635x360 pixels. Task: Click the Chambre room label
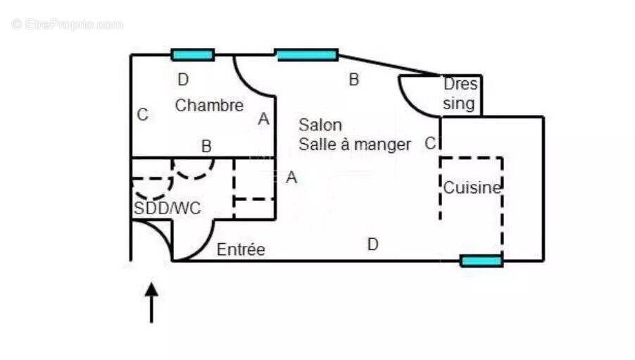[209, 106]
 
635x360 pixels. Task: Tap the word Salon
[320, 125]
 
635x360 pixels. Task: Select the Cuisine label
[472, 188]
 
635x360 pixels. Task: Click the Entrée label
[241, 249]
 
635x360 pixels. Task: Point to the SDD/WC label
[167, 209]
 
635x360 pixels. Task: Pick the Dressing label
[460, 94]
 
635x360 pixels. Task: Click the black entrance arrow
[151, 302]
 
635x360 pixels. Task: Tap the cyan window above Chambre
[193, 55]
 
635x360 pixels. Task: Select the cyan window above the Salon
[306, 55]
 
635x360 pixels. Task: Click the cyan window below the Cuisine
[482, 261]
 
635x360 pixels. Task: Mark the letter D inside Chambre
[183, 80]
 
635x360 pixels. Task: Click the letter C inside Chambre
[142, 114]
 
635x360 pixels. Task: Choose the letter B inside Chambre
[206, 147]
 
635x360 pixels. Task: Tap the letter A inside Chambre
[263, 119]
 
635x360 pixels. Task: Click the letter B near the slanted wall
[354, 80]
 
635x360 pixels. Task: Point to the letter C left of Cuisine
[430, 143]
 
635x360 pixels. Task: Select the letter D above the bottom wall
[373, 244]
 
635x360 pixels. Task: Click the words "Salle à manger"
[355, 145]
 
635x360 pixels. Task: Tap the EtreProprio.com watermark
[67, 25]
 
